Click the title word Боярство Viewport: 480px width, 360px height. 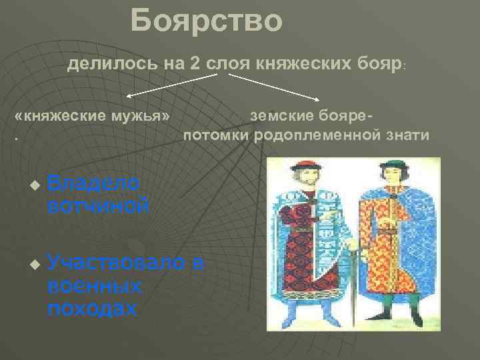pos(207,21)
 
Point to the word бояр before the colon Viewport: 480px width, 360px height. pos(373,65)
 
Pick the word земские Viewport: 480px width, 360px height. pos(280,115)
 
